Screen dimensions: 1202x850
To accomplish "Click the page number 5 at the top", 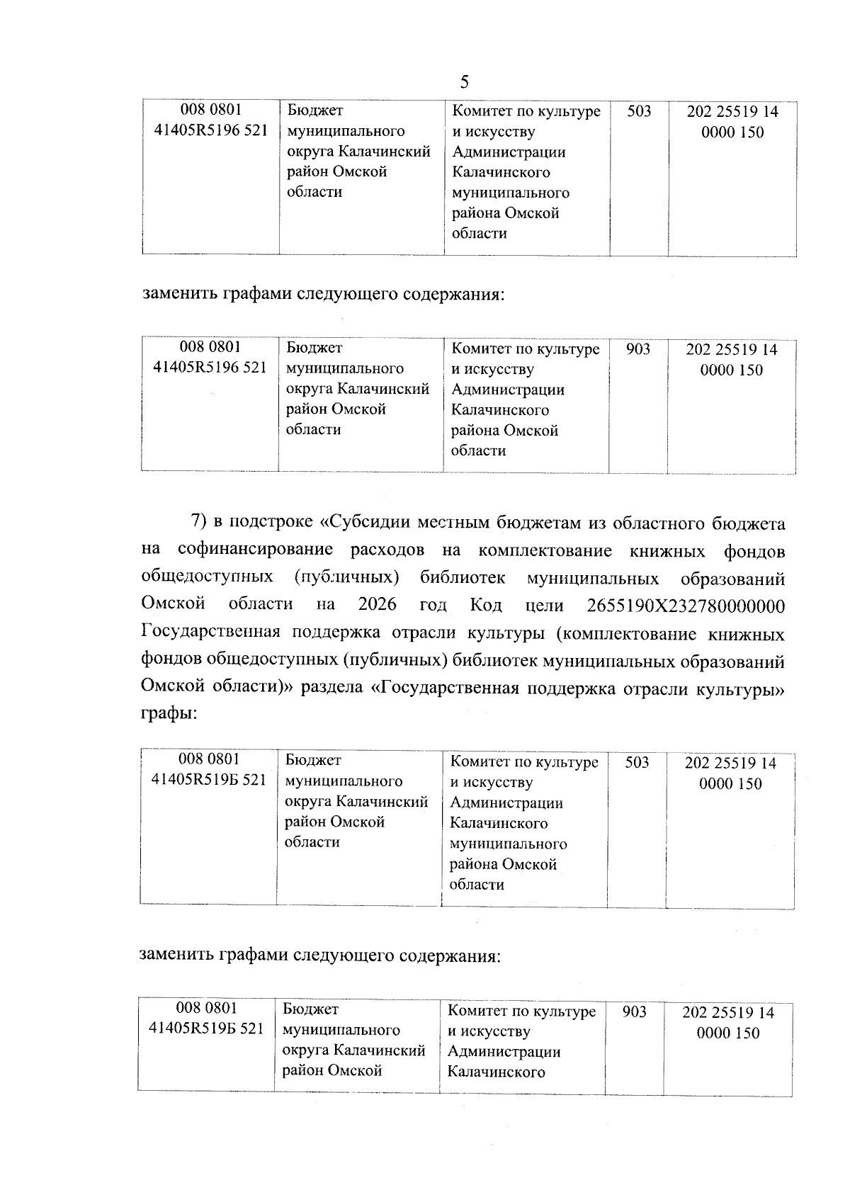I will click(464, 82).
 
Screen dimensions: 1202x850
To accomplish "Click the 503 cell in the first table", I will click(639, 111).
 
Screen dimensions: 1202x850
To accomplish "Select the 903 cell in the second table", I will click(638, 348).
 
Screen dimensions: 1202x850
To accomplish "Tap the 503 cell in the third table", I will click(637, 762).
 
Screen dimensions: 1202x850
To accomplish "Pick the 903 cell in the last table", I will click(634, 1011).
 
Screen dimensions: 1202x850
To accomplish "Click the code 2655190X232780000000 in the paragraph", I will click(686, 606).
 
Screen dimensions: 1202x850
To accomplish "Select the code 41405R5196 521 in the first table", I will click(211, 131).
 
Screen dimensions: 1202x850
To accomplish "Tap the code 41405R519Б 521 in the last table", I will click(207, 1028).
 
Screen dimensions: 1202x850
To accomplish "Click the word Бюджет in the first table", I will click(315, 110).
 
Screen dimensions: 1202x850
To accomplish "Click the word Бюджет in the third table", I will click(313, 760).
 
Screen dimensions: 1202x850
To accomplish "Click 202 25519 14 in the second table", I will click(732, 349).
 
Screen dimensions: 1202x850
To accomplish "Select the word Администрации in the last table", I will click(504, 1052).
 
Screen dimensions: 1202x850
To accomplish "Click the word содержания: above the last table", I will click(450, 956).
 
